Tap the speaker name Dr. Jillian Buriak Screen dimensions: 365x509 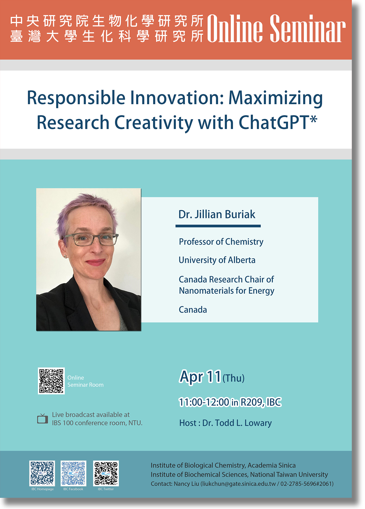point(217,214)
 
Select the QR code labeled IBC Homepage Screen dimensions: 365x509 point(42,473)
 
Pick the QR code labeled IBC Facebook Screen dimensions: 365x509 point(73,473)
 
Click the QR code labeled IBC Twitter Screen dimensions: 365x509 point(106,473)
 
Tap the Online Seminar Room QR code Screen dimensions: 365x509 point(51,381)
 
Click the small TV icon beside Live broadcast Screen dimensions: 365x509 point(43,419)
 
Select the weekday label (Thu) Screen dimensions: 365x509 point(234,378)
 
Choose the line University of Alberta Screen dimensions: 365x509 point(217,260)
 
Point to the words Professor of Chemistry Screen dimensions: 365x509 point(221,242)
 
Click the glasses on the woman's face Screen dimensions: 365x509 point(91,239)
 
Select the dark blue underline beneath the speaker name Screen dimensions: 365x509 point(218,226)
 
